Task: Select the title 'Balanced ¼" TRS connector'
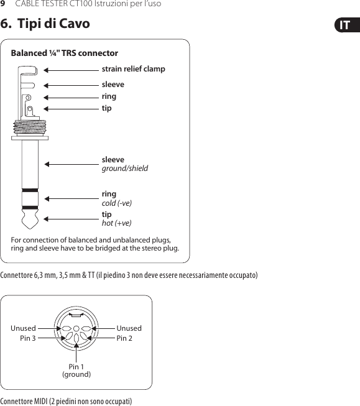65,53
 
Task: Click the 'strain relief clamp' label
133,69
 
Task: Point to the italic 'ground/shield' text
124,168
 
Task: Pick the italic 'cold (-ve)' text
116,203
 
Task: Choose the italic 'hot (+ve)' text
116,223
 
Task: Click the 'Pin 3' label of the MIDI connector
28,338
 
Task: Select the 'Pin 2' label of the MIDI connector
124,338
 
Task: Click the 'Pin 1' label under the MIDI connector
76,367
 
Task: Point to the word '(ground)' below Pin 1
76,374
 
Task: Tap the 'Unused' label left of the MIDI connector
23,328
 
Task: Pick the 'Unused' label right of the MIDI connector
129,328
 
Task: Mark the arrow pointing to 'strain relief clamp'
72,70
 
